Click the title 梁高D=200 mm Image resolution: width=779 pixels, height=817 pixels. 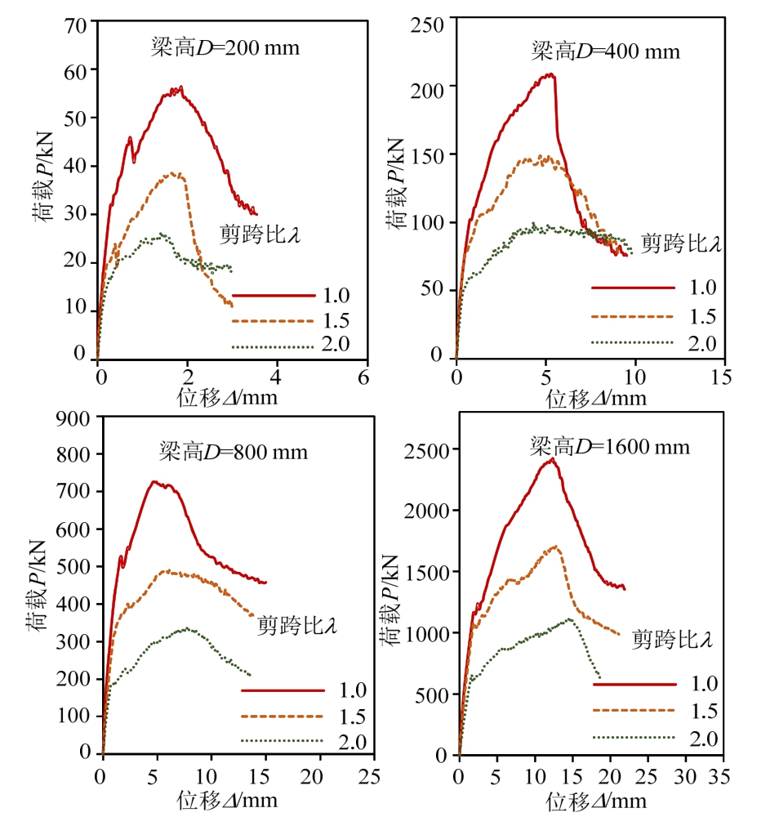point(225,47)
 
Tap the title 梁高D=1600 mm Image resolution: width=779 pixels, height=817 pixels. point(610,447)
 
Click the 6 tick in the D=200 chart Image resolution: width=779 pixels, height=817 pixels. point(363,377)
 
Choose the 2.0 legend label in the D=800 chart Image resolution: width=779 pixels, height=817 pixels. point(352,742)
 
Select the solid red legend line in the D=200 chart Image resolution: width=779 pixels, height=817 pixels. point(273,294)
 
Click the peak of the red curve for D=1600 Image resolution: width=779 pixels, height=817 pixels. point(554,459)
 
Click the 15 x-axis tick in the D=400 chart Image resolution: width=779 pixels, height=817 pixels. point(721,377)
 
